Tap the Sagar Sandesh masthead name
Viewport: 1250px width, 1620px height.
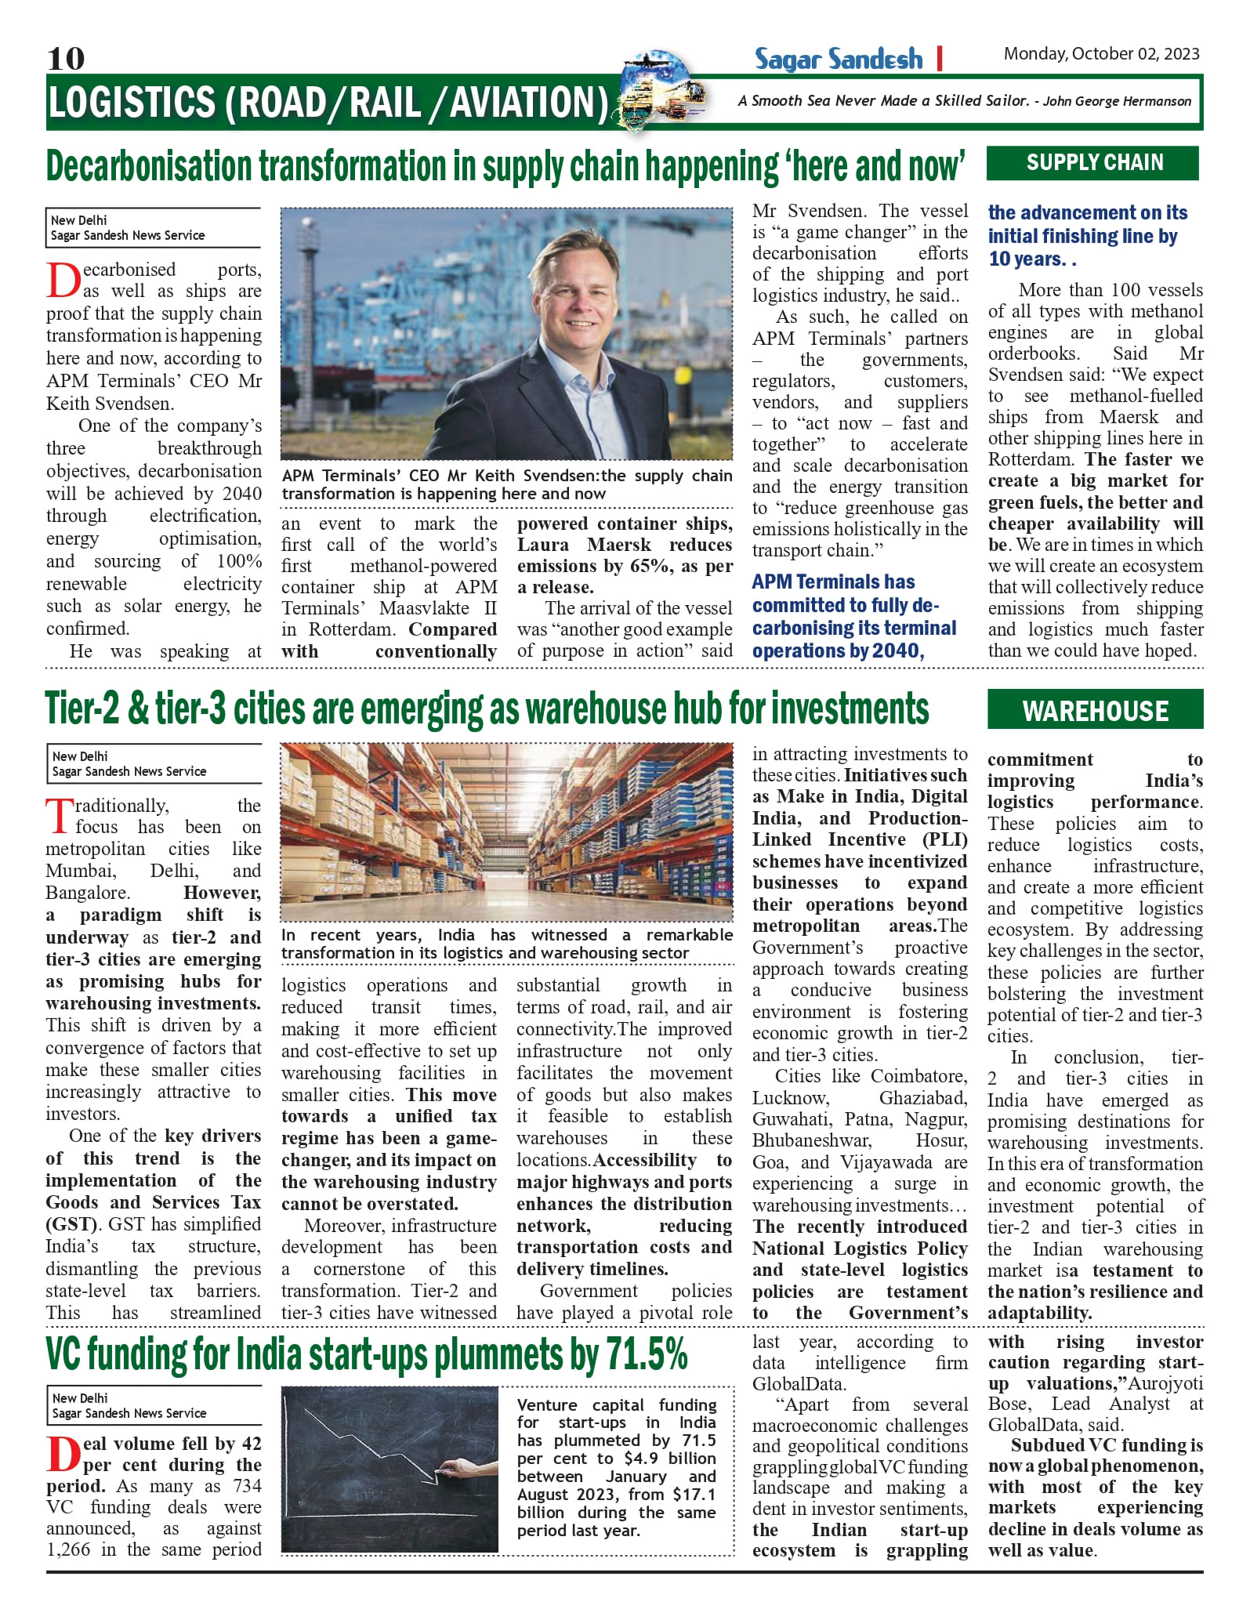pyautogui.click(x=838, y=59)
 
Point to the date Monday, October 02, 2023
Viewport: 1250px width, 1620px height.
pyautogui.click(x=1101, y=54)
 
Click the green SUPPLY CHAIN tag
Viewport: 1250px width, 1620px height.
pyautogui.click(x=1093, y=163)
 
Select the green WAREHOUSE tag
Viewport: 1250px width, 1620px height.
pyautogui.click(x=1095, y=710)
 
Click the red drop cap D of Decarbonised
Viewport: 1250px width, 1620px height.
pyautogui.click(x=63, y=280)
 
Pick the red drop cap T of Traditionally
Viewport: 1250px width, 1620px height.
pyautogui.click(x=60, y=816)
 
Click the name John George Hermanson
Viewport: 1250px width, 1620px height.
pyautogui.click(x=1117, y=101)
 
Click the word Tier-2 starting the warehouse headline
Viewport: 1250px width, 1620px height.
pyautogui.click(x=82, y=709)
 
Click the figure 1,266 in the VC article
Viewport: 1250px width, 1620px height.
pyautogui.click(x=69, y=1549)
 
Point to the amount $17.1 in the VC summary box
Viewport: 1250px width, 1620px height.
pyautogui.click(x=694, y=1495)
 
